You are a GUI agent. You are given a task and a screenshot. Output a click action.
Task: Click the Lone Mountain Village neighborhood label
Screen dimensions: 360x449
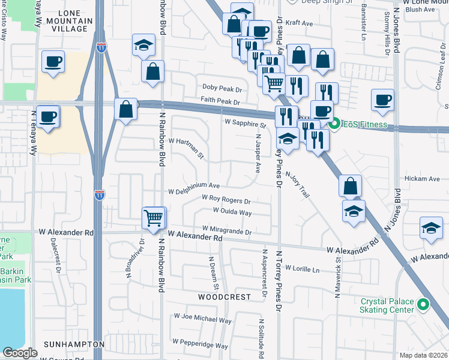(67, 20)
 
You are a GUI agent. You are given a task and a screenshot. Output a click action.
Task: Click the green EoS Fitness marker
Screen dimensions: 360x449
(334, 125)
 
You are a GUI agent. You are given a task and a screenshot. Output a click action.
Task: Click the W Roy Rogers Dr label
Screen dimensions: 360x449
(226, 199)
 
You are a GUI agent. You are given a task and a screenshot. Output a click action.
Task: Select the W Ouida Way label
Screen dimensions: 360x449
(232, 211)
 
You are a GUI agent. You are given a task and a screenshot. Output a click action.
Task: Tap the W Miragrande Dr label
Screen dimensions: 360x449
(227, 229)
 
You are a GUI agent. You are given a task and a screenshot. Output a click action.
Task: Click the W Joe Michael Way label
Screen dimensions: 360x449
(202, 317)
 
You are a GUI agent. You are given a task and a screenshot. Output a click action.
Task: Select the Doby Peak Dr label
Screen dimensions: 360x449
(221, 88)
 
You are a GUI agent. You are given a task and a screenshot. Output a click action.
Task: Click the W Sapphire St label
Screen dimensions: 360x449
(245, 123)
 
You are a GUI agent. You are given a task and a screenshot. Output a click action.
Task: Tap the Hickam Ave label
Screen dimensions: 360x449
(423, 179)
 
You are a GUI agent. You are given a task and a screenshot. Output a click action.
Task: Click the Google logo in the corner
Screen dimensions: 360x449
(20, 353)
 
